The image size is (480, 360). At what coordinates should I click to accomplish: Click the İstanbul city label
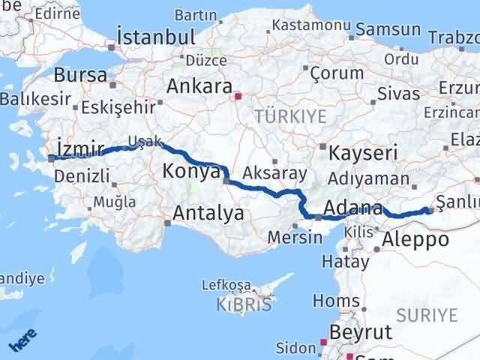[x=157, y=37]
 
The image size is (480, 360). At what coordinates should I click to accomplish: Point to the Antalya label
[x=208, y=214]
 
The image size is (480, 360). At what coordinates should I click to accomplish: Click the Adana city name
[x=352, y=208]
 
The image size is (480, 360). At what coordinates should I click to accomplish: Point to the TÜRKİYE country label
[x=290, y=116]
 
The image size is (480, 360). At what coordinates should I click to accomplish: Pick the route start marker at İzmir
[x=51, y=157]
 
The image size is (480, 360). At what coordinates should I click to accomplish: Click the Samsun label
[x=388, y=29]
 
